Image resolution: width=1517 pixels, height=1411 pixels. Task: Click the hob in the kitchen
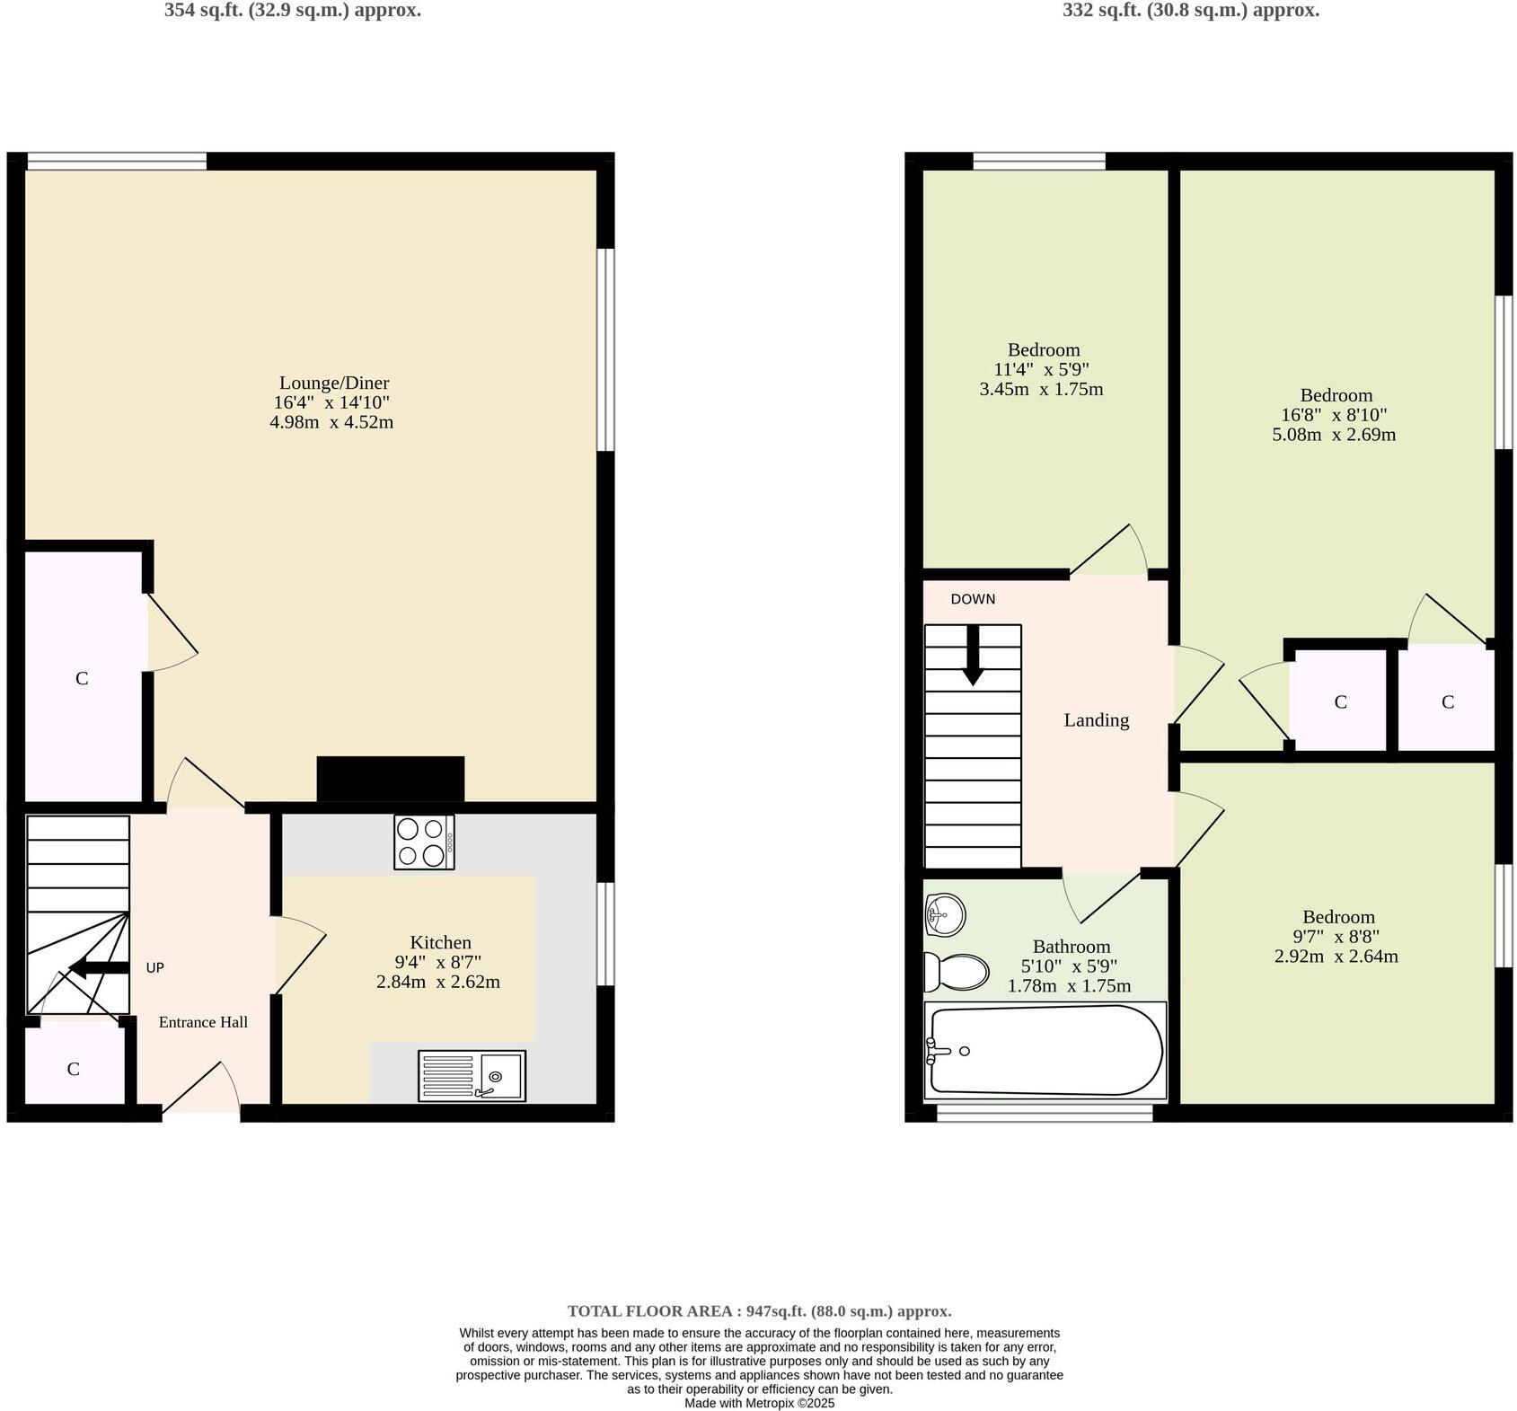pyautogui.click(x=424, y=842)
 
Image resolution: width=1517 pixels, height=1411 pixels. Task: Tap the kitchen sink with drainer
pyautogui.click(x=472, y=1075)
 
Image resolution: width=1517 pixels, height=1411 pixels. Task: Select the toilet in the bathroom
pyautogui.click(x=957, y=972)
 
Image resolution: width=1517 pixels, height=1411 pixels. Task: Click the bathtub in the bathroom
pyautogui.click(x=1045, y=1050)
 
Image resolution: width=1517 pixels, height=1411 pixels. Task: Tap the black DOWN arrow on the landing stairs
pyautogui.click(x=973, y=656)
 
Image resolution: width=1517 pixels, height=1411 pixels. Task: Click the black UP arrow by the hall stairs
pyautogui.click(x=99, y=967)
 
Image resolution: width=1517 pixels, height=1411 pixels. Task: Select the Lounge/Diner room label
pyautogui.click(x=334, y=383)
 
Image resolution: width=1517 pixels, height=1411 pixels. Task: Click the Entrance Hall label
pyautogui.click(x=203, y=1022)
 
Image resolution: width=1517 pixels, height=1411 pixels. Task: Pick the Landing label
pyautogui.click(x=1096, y=719)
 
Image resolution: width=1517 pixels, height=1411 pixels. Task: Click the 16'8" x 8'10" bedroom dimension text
pyautogui.click(x=1335, y=415)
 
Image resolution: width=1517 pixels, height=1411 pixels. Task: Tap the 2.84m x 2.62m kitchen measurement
pyautogui.click(x=437, y=982)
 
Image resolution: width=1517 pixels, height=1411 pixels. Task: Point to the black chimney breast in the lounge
pyautogui.click(x=391, y=779)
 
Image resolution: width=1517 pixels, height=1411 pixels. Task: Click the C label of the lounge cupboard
pyautogui.click(x=82, y=678)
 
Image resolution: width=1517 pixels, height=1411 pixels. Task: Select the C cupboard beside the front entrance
pyautogui.click(x=74, y=1069)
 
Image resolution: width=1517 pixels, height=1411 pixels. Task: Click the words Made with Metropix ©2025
pyautogui.click(x=759, y=1403)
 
